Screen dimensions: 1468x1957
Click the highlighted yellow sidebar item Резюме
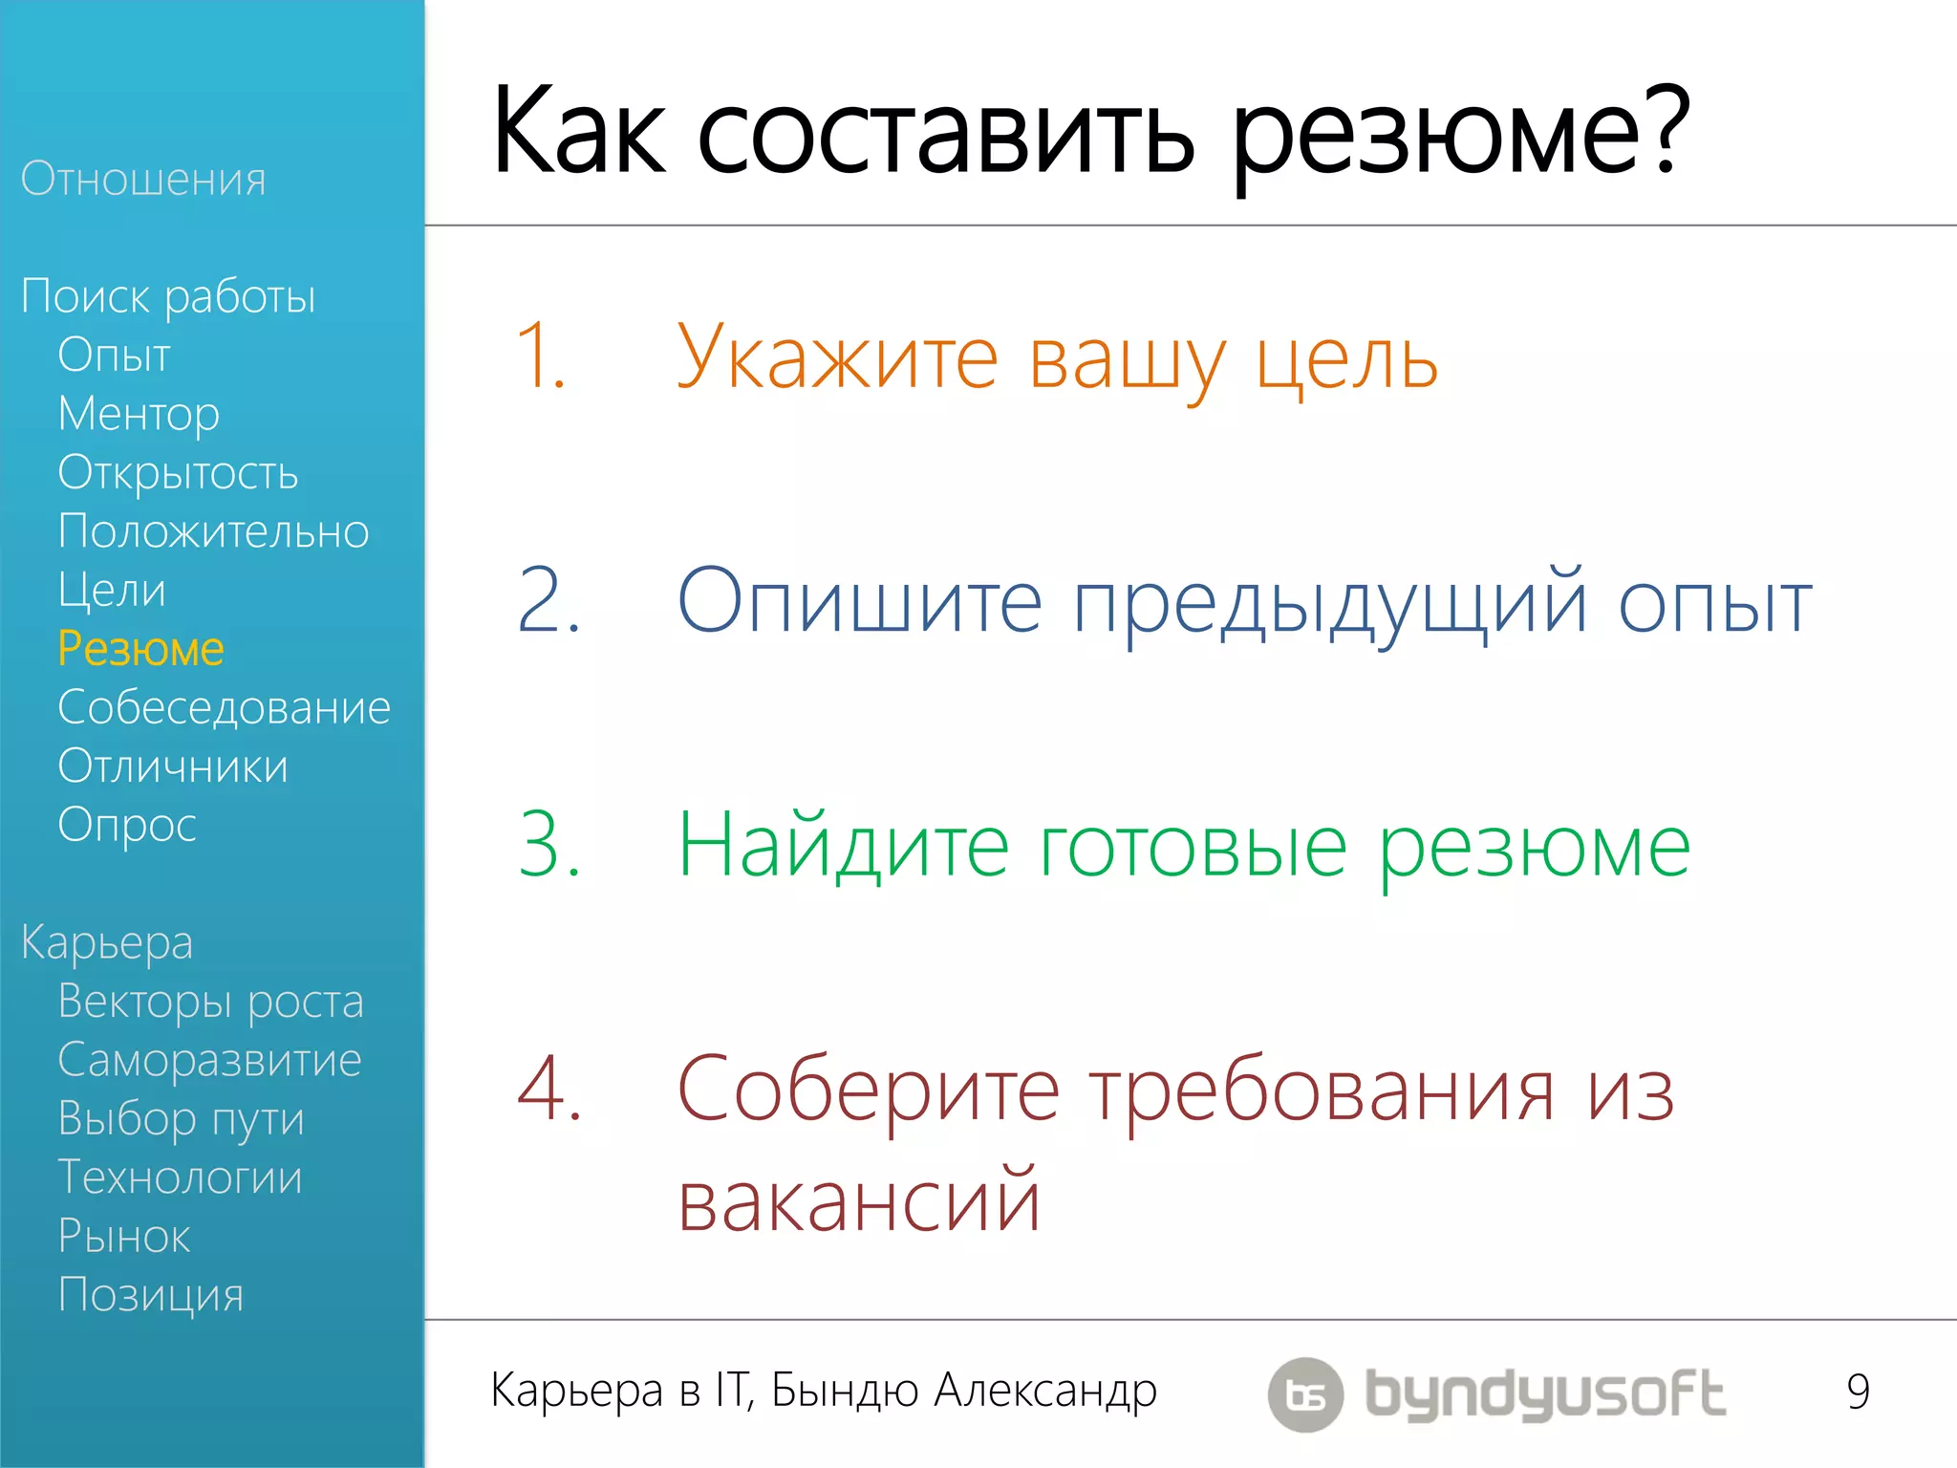tap(140, 649)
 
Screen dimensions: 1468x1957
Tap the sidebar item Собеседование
tap(224, 708)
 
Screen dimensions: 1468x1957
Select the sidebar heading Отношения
tap(143, 180)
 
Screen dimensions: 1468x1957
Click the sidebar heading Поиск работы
tap(168, 297)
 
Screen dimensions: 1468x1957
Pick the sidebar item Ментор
tap(139, 414)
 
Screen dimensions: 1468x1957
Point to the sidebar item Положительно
tap(213, 531)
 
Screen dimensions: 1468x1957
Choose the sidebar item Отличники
tap(173, 766)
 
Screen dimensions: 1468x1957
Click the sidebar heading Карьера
tap(107, 942)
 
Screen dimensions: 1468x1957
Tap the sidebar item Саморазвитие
tap(209, 1060)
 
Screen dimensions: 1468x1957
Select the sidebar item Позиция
tap(151, 1295)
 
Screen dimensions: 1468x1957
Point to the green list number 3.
tap(548, 844)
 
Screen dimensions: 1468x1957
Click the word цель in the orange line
tap(1346, 361)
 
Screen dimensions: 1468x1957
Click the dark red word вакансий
tap(858, 1201)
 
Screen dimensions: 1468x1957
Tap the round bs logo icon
tap(1305, 1394)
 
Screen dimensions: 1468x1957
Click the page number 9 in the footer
tap(1858, 1392)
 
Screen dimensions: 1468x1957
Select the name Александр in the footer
tap(1045, 1392)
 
